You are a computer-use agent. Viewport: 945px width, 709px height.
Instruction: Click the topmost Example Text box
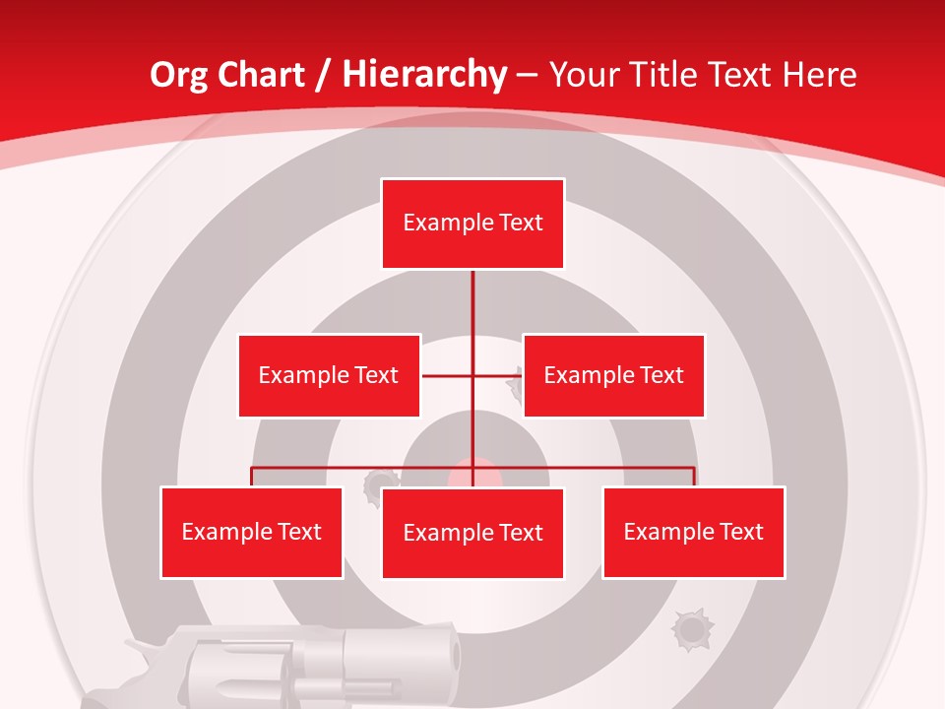pyautogui.click(x=472, y=224)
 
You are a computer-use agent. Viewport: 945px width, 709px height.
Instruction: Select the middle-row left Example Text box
pyautogui.click(x=329, y=375)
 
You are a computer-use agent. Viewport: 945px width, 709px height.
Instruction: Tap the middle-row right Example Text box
pyautogui.click(x=613, y=375)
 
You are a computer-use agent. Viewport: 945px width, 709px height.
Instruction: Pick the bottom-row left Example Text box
pyautogui.click(x=251, y=532)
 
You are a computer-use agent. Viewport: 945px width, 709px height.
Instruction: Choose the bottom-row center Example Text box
pyautogui.click(x=472, y=533)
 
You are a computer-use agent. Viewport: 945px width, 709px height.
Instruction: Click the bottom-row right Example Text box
pyautogui.click(x=693, y=532)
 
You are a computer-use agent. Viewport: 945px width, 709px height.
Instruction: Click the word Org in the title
pyautogui.click(x=178, y=75)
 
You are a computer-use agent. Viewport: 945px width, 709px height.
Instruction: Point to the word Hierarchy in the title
pyautogui.click(x=424, y=75)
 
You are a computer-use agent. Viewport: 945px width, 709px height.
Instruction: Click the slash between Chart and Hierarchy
pyautogui.click(x=322, y=75)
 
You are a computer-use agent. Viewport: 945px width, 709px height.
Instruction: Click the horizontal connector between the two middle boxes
pyautogui.click(x=472, y=375)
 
